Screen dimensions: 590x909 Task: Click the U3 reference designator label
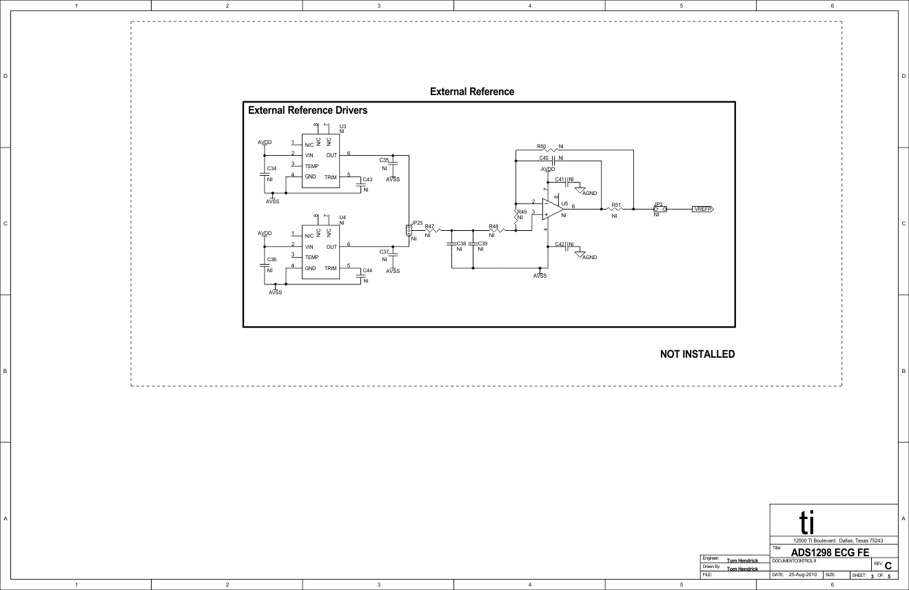point(343,126)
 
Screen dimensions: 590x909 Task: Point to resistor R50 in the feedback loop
point(551,150)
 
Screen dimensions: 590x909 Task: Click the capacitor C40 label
point(544,158)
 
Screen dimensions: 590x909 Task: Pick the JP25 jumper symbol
point(408,231)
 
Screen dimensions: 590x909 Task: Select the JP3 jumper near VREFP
point(660,209)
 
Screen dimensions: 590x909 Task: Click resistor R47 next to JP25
point(432,230)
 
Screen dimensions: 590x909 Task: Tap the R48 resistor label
point(493,226)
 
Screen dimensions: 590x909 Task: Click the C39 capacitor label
point(482,243)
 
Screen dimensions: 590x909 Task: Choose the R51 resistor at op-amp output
point(615,209)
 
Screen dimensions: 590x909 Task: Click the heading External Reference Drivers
point(307,110)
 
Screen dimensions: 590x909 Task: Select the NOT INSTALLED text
point(697,354)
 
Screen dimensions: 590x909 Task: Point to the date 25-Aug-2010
point(802,574)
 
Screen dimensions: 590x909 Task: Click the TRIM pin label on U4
point(331,267)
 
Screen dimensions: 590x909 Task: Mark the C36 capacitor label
point(272,259)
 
